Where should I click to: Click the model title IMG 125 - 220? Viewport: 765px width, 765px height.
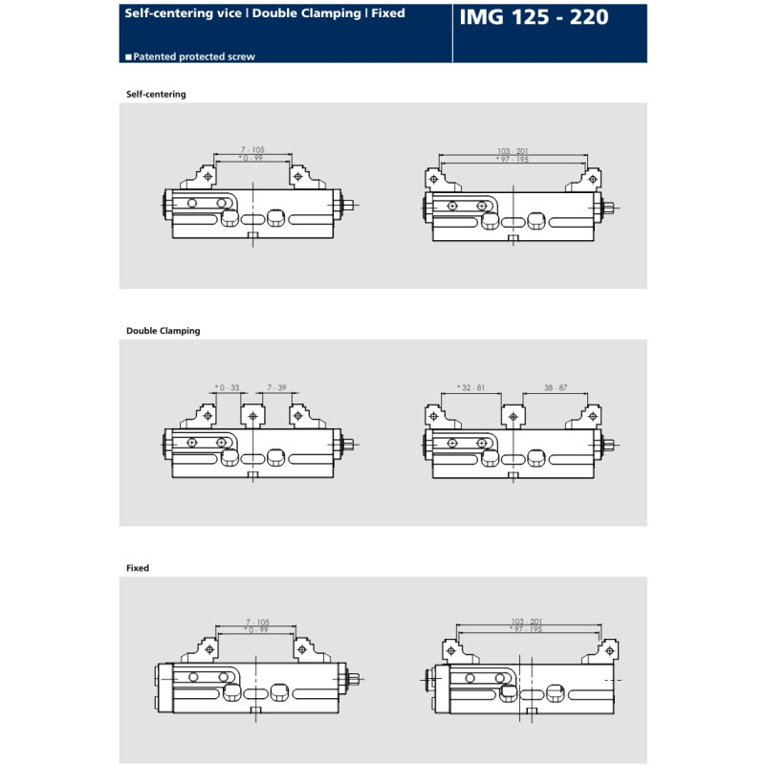534,17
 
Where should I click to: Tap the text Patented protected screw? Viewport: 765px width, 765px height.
194,56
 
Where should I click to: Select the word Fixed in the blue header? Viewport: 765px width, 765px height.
388,13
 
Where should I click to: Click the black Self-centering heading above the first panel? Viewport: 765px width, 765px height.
156,94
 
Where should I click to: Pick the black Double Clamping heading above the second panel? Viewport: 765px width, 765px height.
163,331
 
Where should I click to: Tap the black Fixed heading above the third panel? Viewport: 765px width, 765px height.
138,568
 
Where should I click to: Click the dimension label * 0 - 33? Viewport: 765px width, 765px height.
228,388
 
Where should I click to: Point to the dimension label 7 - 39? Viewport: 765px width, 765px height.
276,388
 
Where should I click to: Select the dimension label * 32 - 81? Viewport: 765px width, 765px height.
470,388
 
